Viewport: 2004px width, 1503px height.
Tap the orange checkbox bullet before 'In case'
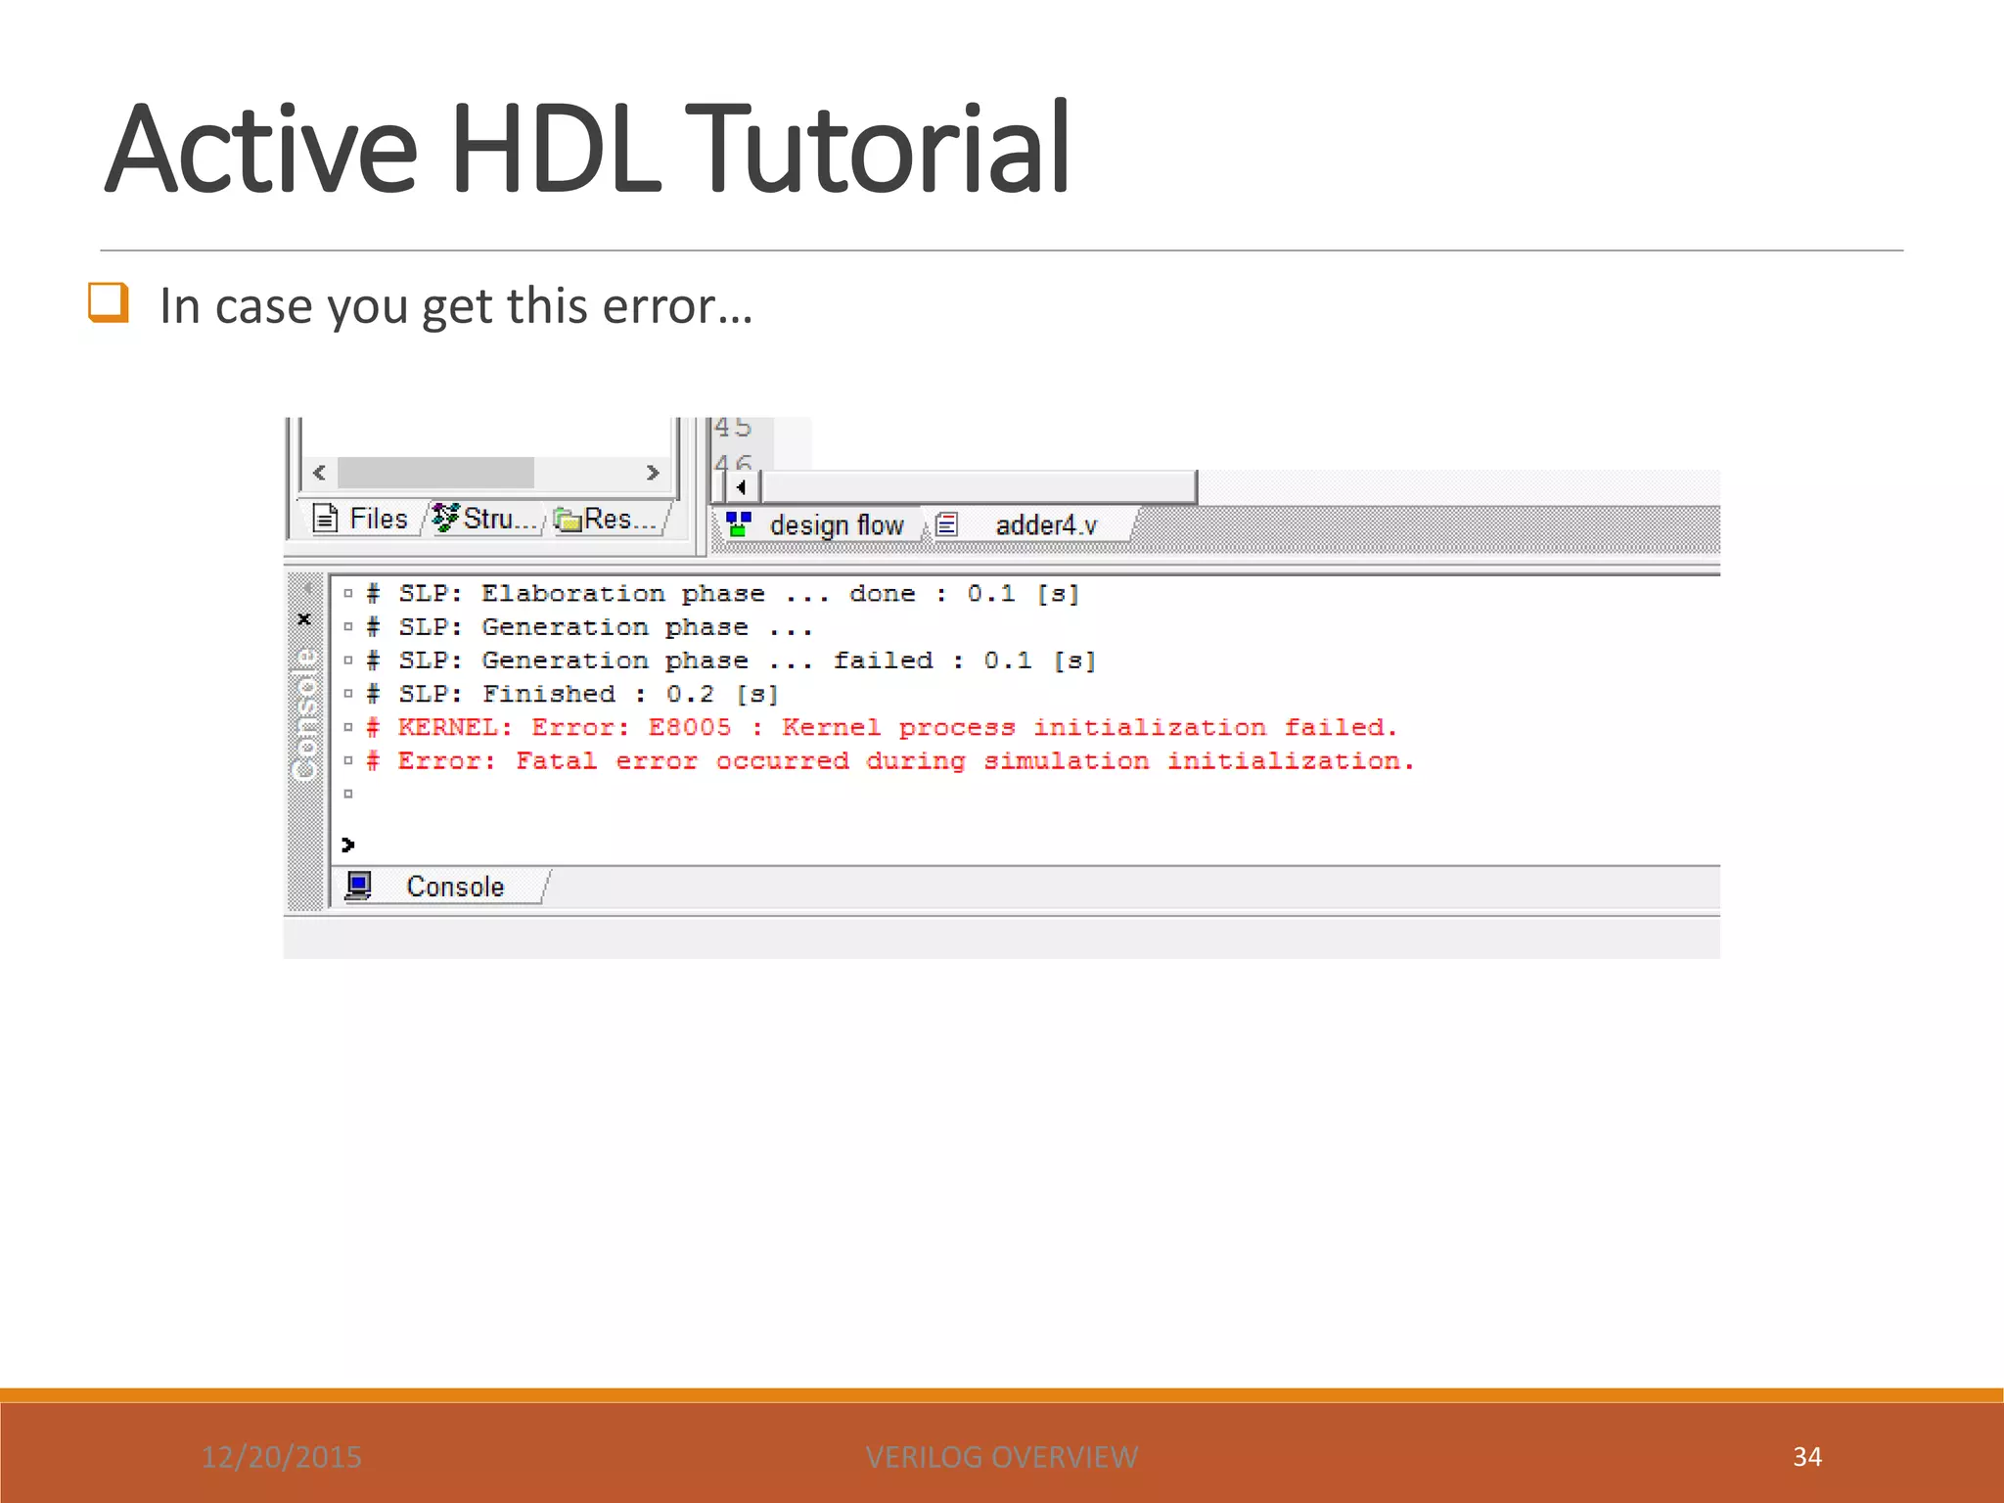pos(108,302)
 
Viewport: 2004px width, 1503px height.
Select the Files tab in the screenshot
pos(361,519)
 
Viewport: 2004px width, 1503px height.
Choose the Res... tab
pos(607,519)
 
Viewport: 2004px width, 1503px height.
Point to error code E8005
pos(690,728)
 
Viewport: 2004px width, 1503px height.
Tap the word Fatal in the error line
pos(556,761)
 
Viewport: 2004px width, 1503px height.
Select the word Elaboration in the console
pos(572,594)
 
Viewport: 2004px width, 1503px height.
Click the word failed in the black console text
pos(883,661)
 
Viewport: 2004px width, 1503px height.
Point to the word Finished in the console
pos(548,695)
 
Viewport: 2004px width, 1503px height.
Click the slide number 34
pos(1806,1457)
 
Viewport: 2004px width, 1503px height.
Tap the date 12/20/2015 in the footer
pos(282,1457)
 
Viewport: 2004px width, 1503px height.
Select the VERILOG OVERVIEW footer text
pos(1001,1457)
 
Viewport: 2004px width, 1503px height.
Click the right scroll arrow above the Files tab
pos(653,473)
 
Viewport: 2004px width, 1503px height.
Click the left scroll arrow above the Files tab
pos(319,473)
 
